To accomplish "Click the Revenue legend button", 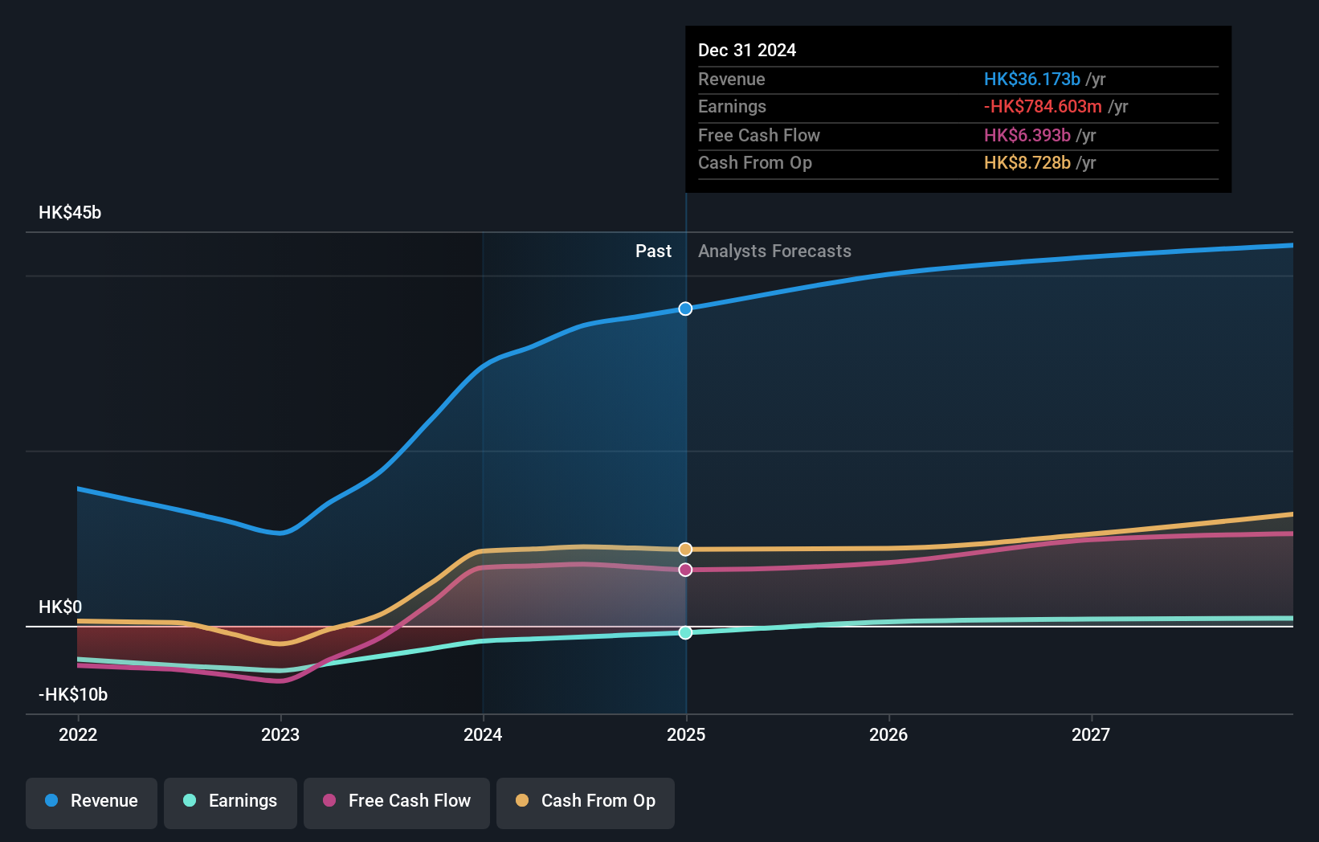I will click(92, 801).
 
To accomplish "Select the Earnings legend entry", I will click(231, 801).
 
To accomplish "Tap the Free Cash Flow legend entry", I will click(397, 801).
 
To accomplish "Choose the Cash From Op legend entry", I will click(586, 801).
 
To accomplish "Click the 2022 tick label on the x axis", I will click(78, 734).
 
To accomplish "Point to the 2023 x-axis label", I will click(280, 734).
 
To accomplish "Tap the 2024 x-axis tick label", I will click(483, 734).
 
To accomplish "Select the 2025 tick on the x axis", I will click(686, 734).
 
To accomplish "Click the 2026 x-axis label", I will click(888, 734).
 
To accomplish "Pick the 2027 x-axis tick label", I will click(1091, 734).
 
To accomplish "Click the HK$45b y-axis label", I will click(70, 213).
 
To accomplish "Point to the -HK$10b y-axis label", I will click(73, 694).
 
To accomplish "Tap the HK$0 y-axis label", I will click(60, 607).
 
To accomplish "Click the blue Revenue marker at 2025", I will click(685, 309).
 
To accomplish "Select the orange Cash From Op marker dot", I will click(685, 550).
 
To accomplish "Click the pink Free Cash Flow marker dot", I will click(685, 570).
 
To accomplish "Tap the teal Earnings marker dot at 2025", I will click(685, 632).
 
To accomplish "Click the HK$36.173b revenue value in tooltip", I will click(1031, 80).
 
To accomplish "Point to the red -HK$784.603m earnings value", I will click(1043, 107).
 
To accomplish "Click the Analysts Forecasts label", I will click(774, 251).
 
